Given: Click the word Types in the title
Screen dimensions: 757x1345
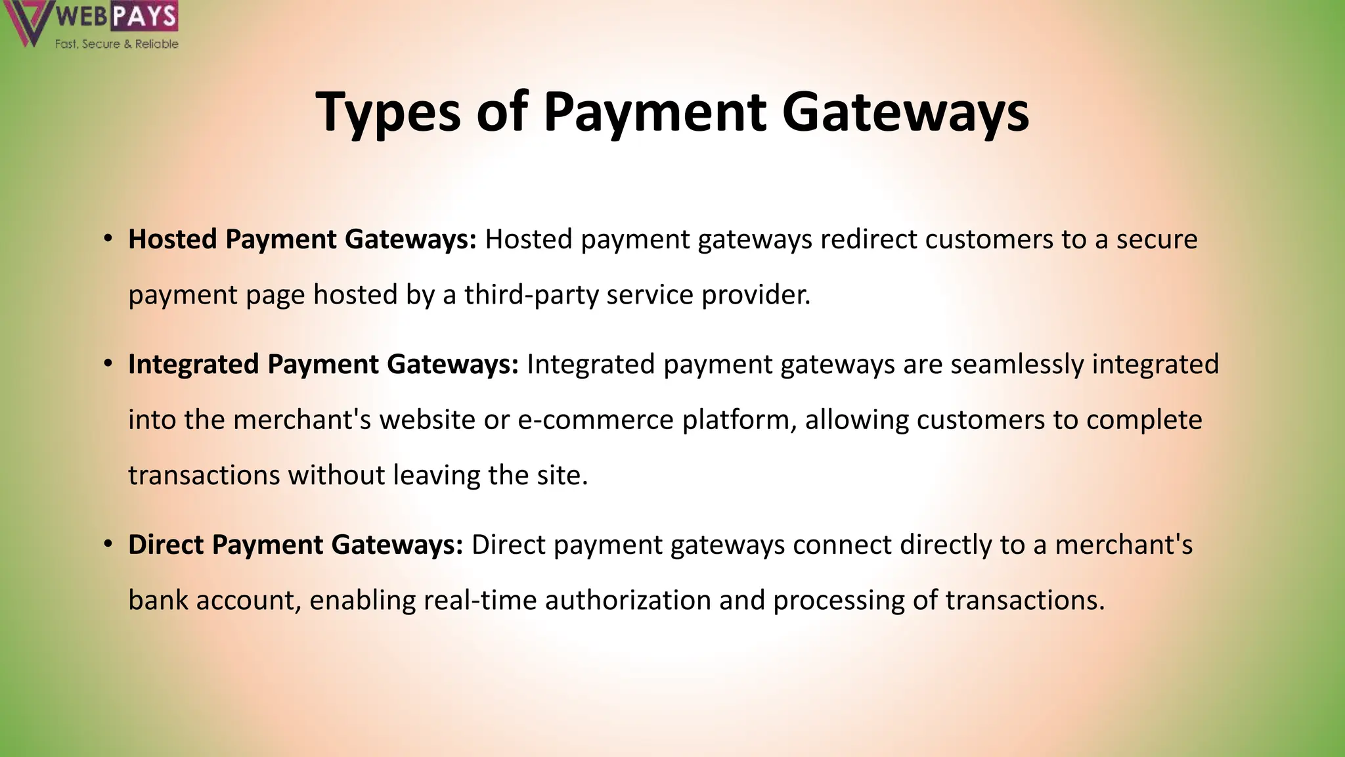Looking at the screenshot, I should (389, 112).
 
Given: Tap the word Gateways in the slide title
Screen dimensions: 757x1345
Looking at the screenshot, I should (905, 112).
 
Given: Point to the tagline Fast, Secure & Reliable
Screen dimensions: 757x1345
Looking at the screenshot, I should (116, 44).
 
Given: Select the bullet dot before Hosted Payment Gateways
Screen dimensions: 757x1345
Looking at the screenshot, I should (108, 239).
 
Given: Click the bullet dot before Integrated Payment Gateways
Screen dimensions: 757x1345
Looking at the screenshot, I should (108, 364).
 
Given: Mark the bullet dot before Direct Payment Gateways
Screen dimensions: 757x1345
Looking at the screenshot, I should (108, 545).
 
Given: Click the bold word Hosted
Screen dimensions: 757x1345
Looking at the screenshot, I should (173, 239).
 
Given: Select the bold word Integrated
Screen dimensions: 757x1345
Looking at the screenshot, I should (194, 364).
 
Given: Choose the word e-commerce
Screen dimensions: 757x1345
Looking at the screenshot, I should (596, 420).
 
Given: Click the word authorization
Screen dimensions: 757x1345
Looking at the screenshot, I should (628, 600).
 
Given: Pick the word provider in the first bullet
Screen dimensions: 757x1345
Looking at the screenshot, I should (756, 294).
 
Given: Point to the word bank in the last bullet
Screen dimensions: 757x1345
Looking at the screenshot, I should (158, 600).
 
